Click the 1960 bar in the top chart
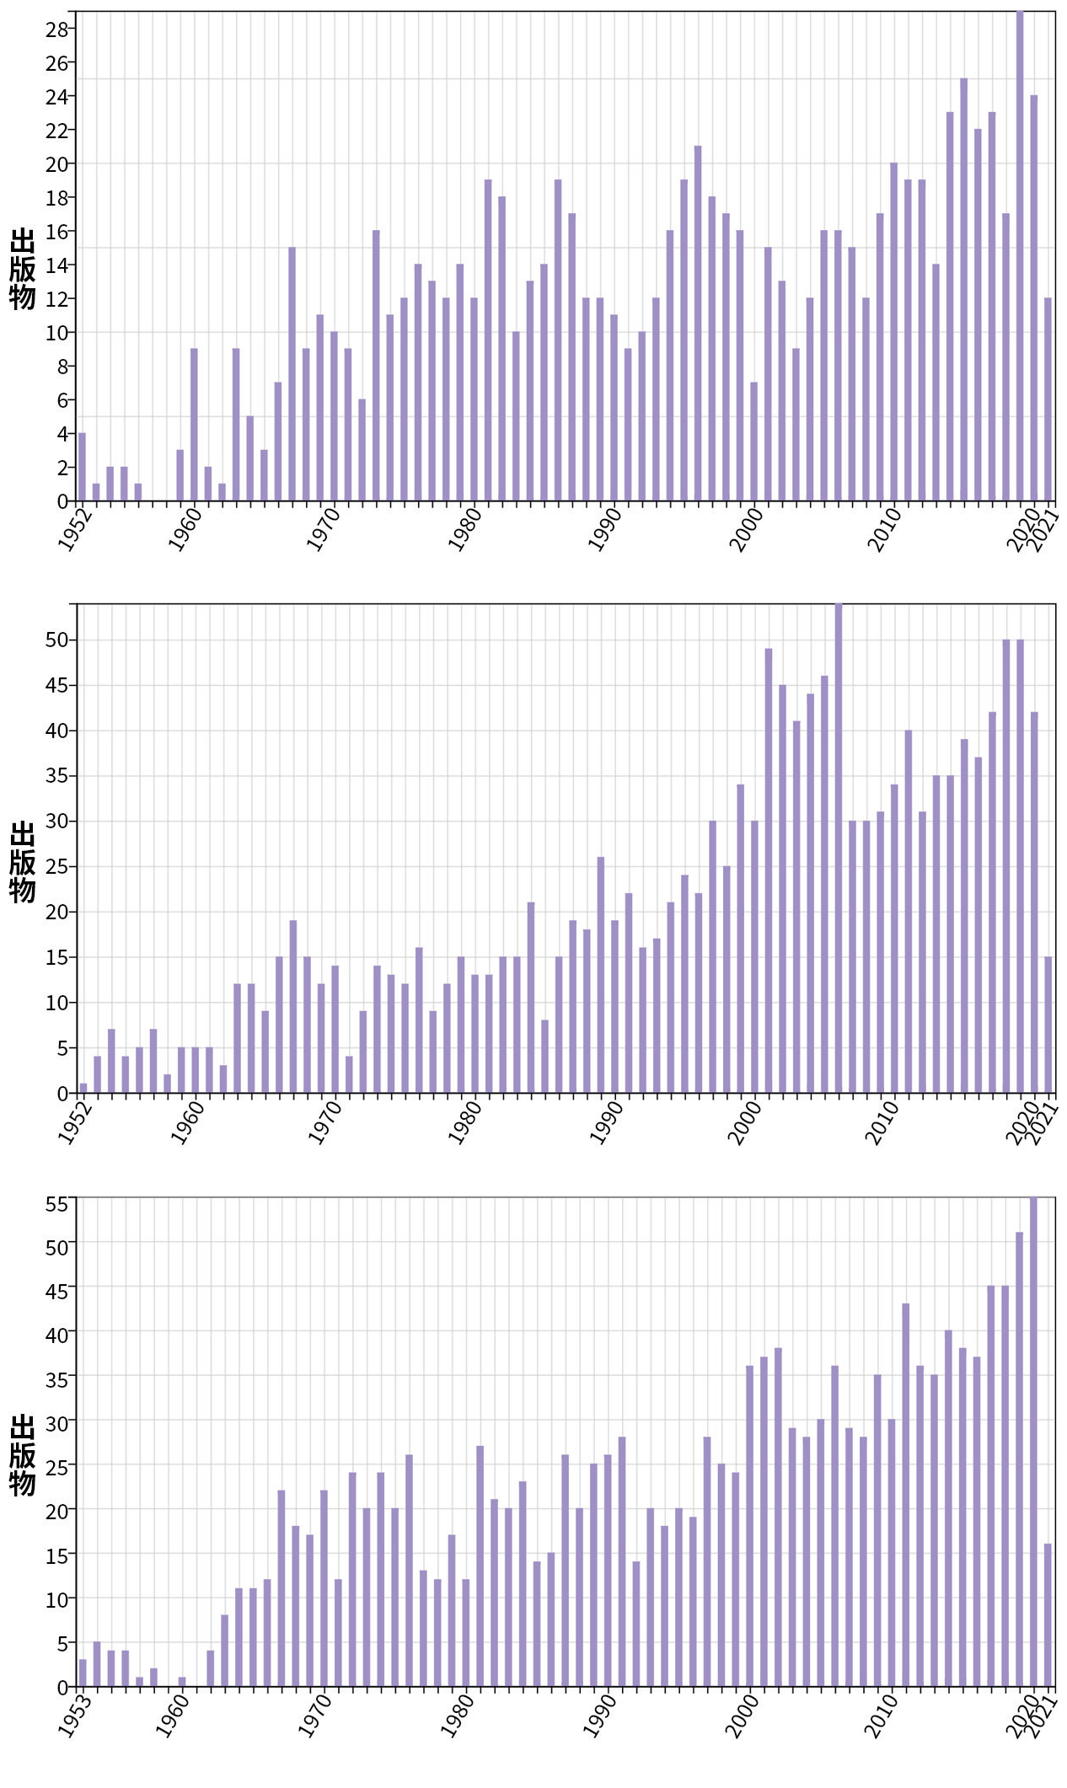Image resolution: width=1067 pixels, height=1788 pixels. pos(194,425)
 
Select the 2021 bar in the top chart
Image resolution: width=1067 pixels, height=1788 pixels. pos(1048,399)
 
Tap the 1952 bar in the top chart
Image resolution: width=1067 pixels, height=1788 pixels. pos(82,467)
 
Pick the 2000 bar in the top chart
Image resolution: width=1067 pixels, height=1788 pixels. pos(753,442)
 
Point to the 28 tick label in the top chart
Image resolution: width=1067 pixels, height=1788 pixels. pos(56,29)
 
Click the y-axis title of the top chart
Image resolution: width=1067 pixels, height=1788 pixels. pos(23,268)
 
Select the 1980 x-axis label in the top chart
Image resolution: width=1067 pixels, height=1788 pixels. pos(464,530)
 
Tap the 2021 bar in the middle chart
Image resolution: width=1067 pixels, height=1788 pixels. pos(1048,1025)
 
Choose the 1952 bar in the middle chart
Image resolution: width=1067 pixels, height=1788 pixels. pos(83,1088)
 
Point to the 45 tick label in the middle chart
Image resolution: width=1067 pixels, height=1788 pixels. pos(56,686)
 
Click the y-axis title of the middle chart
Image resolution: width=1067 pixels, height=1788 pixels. pos(23,861)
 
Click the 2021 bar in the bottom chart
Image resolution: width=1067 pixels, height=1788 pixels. pos(1048,1617)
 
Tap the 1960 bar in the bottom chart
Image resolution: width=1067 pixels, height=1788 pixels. pos(182,1684)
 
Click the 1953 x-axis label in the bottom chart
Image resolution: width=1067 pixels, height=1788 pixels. pos(76,1715)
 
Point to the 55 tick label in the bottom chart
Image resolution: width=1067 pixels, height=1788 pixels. pos(56,1204)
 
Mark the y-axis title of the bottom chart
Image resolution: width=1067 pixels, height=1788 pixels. pos(23,1454)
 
